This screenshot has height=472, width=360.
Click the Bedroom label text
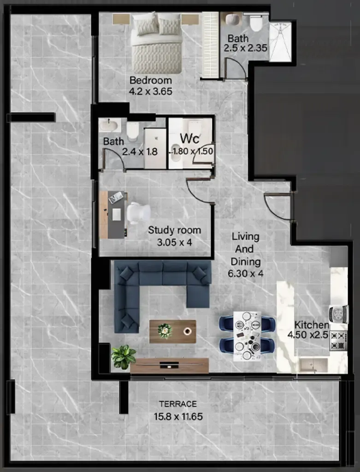click(x=151, y=81)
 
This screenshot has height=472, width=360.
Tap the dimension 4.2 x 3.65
click(x=151, y=91)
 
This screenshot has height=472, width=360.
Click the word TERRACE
click(x=178, y=404)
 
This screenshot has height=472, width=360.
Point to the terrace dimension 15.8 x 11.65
click(x=178, y=417)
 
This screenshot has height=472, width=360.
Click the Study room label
click(x=174, y=230)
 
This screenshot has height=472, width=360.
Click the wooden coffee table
click(x=172, y=332)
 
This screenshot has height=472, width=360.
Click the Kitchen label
click(x=312, y=325)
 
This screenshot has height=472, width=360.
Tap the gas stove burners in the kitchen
click(x=338, y=340)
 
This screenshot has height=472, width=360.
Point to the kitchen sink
click(x=313, y=365)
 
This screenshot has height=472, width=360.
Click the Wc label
click(x=189, y=139)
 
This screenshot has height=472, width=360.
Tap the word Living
click(x=246, y=237)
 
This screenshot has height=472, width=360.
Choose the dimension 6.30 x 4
click(x=246, y=274)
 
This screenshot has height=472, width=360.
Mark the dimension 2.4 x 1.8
click(x=140, y=152)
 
